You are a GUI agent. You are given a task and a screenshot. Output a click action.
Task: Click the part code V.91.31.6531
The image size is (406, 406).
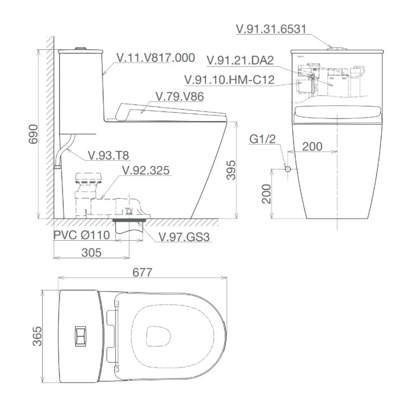pos(271,29)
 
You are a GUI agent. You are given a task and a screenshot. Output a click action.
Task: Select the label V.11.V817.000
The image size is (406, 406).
pos(156,58)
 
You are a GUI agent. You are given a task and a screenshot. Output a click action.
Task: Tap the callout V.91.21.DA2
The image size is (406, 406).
pos(240,61)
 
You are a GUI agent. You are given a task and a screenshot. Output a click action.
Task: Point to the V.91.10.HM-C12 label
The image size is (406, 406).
pos(229,80)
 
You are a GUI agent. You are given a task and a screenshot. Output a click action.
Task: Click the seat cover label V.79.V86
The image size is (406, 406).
pos(180,96)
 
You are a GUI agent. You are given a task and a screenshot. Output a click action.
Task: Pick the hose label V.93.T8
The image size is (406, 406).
pos(108,155)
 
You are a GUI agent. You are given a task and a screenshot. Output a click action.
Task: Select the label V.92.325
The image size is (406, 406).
pos(146,171)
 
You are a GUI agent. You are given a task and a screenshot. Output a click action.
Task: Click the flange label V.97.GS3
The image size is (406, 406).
pos(184,237)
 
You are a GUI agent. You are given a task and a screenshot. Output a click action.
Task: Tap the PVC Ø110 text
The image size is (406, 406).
pos(82,235)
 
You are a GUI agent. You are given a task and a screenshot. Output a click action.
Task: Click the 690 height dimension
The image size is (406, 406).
pos(33,134)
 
